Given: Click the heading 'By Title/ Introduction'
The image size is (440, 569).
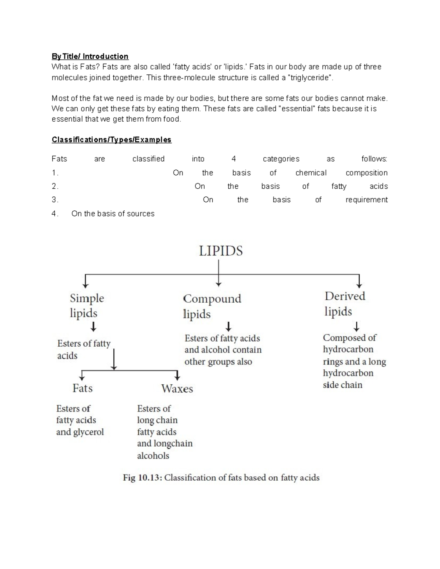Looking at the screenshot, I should coord(90,56).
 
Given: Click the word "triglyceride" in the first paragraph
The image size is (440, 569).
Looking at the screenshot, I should coord(311,78).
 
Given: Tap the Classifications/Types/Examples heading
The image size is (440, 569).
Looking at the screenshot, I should coord(111,140).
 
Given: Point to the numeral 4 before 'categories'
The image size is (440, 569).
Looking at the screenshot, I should coord(234,159).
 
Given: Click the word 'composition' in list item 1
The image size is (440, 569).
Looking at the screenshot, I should coord(366,173).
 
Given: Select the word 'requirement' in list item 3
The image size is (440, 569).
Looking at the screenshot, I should coord(366,200).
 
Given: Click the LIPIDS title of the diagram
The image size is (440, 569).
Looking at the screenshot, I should coord(221,251).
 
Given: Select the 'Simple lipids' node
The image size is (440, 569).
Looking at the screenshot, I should coord(87,306).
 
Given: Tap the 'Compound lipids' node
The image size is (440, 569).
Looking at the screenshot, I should coord(212,306).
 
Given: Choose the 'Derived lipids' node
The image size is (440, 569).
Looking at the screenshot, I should coord(345,304).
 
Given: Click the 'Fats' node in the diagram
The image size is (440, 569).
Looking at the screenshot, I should coord(82,388).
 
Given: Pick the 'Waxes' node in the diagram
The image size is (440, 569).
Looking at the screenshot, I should coord(177,389).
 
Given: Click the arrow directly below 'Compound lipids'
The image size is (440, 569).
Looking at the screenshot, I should coord(228,326).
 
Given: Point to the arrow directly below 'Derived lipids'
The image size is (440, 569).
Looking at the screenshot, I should coord(356,326).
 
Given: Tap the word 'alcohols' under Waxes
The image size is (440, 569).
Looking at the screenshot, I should coord(153,456).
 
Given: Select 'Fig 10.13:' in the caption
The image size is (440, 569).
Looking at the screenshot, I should coord(142,478).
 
